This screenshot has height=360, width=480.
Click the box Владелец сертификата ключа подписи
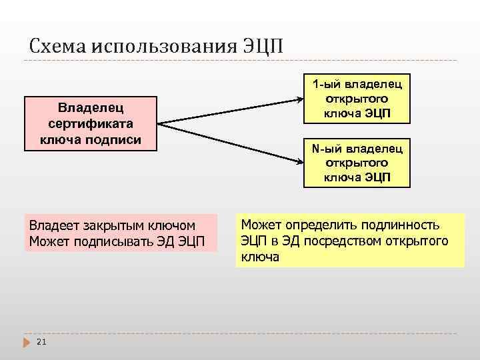tap(91, 123)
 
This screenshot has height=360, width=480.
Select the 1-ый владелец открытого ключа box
tap(357, 99)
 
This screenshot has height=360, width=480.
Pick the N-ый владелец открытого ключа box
tap(357, 163)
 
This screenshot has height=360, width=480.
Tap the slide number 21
tap(41, 342)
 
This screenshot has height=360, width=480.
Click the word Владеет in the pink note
tap(51, 225)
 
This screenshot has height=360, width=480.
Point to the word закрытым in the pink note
tap(105, 225)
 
